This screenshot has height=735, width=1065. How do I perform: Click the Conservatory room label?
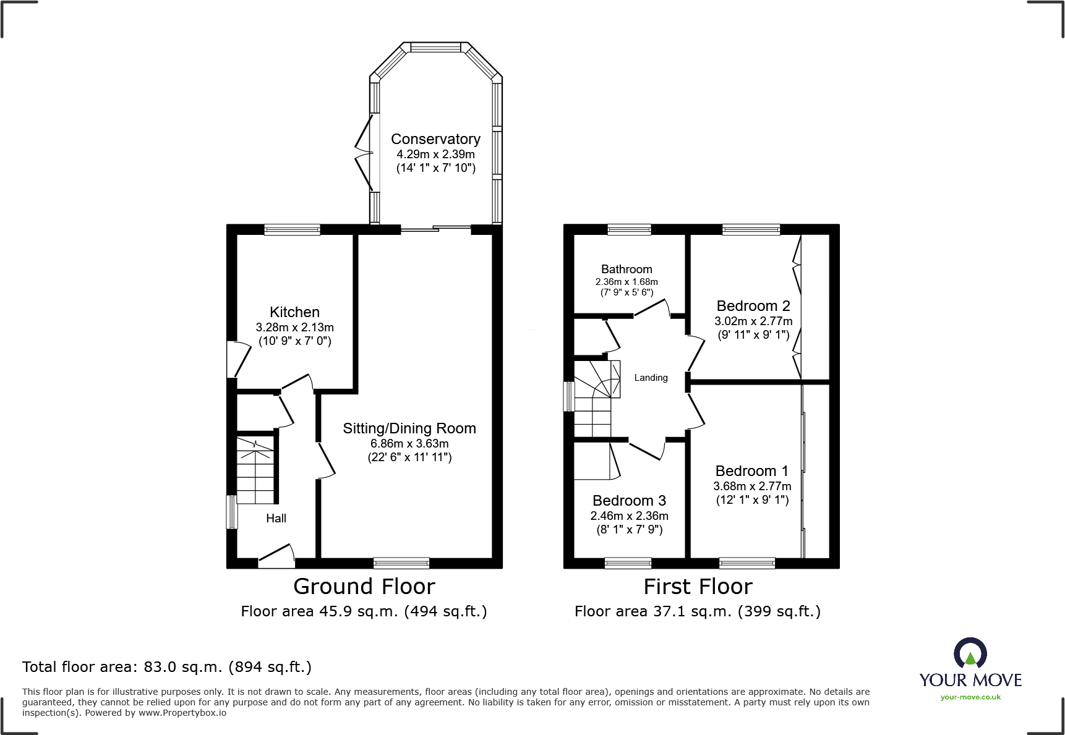[x=435, y=139]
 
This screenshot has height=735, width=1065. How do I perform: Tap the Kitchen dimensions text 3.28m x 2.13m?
[x=294, y=328]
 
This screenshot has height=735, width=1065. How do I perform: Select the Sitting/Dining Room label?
[x=409, y=428]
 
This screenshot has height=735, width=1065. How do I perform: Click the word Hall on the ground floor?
[x=276, y=519]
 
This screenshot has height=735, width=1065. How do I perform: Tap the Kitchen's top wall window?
[x=292, y=230]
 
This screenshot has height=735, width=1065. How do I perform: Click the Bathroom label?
[x=627, y=270]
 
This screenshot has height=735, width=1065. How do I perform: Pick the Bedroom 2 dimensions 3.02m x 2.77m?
[x=753, y=321]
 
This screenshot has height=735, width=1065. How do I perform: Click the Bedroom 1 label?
[x=751, y=471]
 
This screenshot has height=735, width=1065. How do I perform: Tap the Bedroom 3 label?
[x=629, y=501]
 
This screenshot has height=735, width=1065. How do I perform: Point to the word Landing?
[x=651, y=378]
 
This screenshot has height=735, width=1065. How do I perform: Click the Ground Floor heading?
[x=364, y=587]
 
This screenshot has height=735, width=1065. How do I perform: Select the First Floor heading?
[x=698, y=587]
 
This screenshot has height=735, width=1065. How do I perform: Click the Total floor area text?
[x=166, y=667]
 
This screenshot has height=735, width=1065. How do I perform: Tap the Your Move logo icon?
[x=970, y=653]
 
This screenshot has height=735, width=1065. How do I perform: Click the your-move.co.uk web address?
[x=970, y=697]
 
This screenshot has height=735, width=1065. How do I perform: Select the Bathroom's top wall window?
[x=629, y=230]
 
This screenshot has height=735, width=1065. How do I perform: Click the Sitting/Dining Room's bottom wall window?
[x=401, y=563]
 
